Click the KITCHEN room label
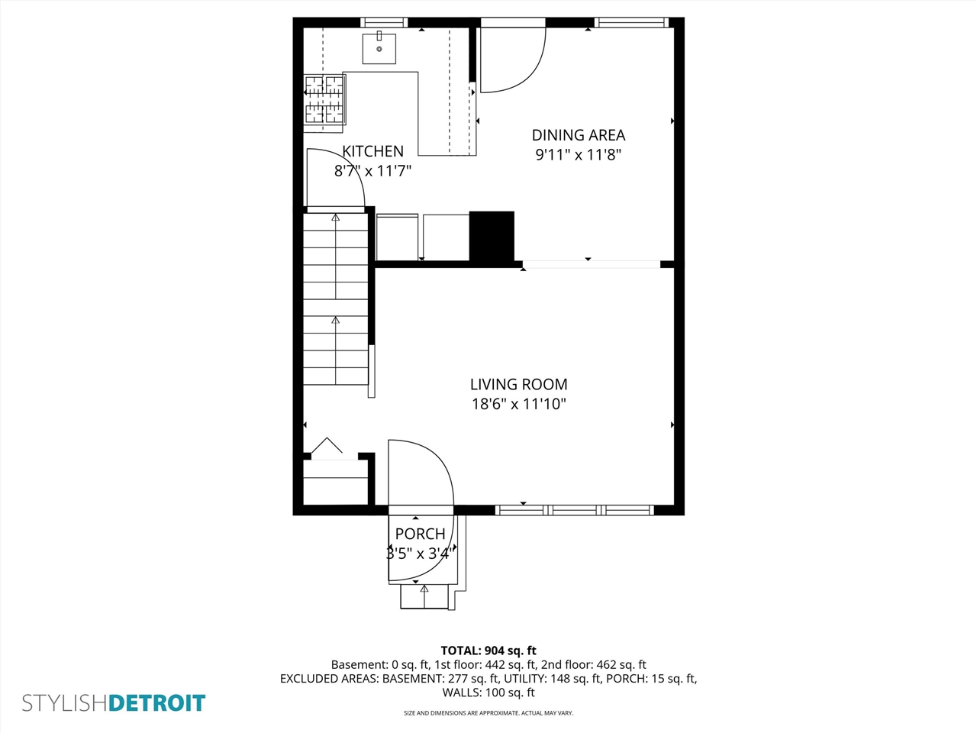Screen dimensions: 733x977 tap(372, 151)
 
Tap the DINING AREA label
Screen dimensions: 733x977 tap(578, 135)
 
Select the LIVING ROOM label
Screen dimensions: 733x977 tap(518, 384)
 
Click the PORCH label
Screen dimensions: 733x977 tap(420, 534)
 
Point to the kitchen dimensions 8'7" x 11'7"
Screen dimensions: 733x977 tap(372, 171)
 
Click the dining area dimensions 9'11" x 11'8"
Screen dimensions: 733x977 tap(578, 155)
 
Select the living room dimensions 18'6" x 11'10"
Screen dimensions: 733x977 tap(518, 404)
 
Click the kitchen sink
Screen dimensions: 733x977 tap(379, 48)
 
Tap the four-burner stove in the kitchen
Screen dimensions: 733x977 tap(324, 99)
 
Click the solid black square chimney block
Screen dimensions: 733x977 tap(492, 237)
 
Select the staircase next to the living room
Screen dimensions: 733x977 tap(336, 298)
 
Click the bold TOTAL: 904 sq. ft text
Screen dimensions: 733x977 tap(488, 651)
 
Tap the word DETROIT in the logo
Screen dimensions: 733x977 tap(157, 702)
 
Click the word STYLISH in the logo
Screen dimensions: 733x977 tap(65, 702)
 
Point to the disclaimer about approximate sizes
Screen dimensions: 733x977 tap(488, 713)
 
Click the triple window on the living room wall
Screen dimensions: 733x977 tap(574, 510)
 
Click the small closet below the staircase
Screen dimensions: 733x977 tap(336, 481)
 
